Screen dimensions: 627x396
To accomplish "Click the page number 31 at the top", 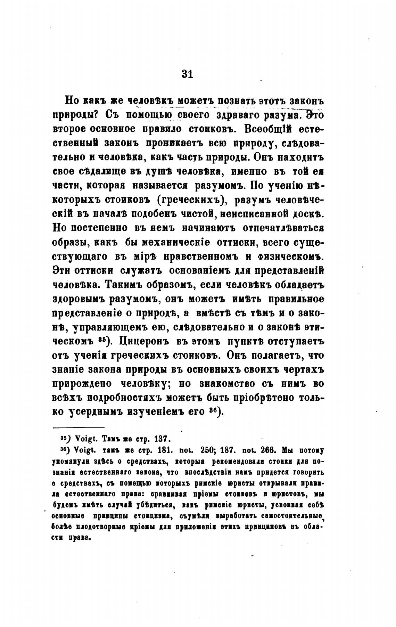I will click(x=187, y=74).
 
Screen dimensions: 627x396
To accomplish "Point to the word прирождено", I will click(x=82, y=384).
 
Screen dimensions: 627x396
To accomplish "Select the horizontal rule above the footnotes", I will click(x=79, y=427).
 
